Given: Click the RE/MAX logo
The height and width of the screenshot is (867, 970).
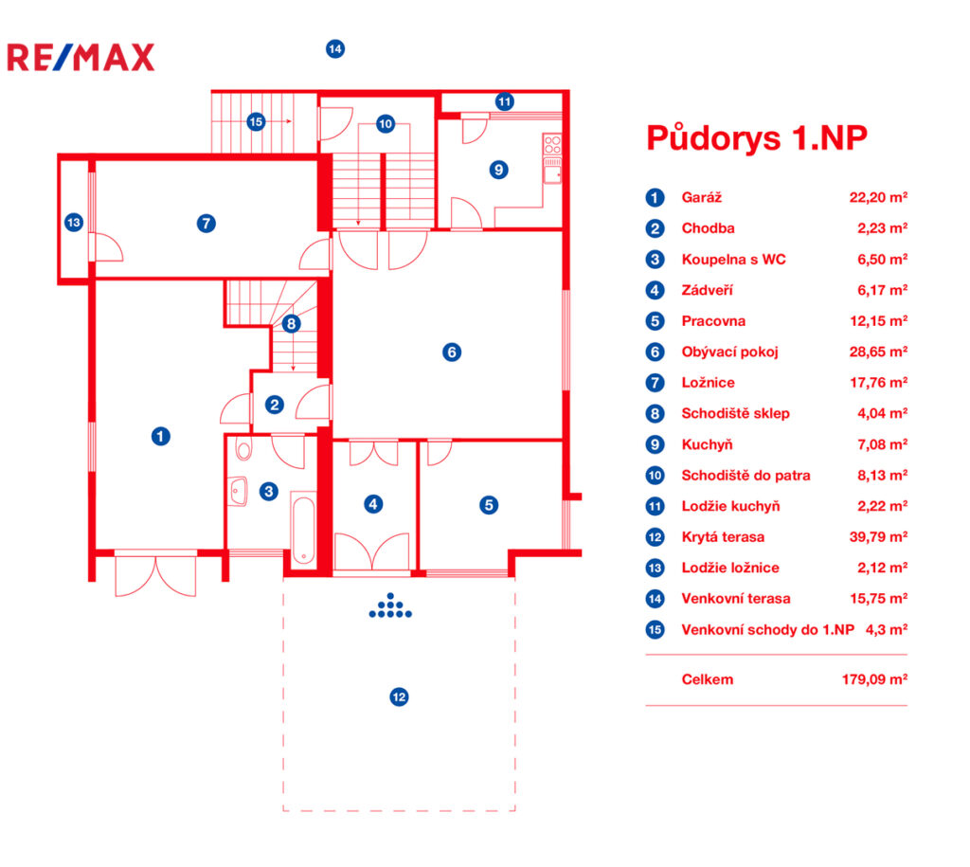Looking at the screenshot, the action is click(81, 58).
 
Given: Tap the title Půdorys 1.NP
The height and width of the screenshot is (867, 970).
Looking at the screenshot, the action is click(757, 138).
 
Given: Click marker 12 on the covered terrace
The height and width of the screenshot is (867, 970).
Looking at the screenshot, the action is click(399, 696).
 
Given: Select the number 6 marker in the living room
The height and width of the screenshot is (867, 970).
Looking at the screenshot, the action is click(452, 352).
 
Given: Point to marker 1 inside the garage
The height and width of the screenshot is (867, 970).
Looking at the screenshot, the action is click(161, 436).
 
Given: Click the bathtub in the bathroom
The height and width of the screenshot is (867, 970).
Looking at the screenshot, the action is click(303, 529).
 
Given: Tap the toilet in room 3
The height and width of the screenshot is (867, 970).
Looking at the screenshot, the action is click(244, 449).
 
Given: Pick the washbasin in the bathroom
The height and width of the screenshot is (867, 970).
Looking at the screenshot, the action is click(237, 492).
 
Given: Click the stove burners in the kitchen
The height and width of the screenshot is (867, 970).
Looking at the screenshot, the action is click(552, 145).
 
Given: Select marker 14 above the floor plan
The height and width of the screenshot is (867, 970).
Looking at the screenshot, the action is click(335, 49).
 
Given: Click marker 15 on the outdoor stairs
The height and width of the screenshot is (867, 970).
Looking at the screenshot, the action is click(256, 122).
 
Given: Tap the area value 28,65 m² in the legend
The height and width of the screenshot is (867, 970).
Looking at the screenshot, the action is click(878, 352).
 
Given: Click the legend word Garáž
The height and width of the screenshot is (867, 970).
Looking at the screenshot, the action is click(702, 197).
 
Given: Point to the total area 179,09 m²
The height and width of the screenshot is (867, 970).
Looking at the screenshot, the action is click(874, 679).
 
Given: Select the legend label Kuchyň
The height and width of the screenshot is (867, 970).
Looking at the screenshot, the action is click(707, 444).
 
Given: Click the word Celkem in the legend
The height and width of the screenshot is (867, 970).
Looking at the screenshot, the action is click(708, 679).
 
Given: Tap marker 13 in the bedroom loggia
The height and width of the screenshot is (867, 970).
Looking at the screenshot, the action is click(74, 222).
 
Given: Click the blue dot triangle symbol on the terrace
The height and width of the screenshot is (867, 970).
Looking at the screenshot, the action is click(390, 605).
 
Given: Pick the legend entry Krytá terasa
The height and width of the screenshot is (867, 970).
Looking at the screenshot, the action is click(723, 537).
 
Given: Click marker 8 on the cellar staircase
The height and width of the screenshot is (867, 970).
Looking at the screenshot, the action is click(292, 323).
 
